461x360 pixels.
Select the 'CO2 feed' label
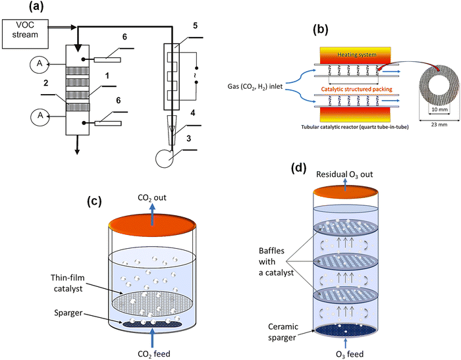pos(153,353)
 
